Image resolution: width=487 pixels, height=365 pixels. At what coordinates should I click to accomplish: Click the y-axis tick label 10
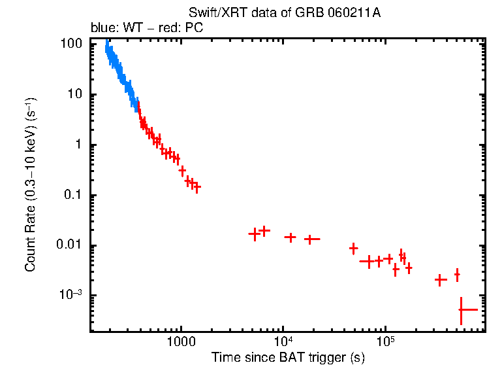pyautogui.click(x=74, y=94)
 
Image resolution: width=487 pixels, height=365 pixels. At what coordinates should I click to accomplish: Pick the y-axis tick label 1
pyautogui.click(x=78, y=145)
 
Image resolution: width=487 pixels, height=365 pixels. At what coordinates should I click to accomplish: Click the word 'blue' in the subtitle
pyautogui.click(x=102, y=29)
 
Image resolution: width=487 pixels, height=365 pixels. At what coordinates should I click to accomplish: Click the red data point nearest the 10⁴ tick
pyautogui.click(x=290, y=237)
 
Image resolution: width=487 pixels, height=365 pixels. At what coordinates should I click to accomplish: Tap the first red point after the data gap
pyautogui.click(x=255, y=234)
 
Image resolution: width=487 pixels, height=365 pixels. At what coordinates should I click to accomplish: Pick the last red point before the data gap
pyautogui.click(x=196, y=187)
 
